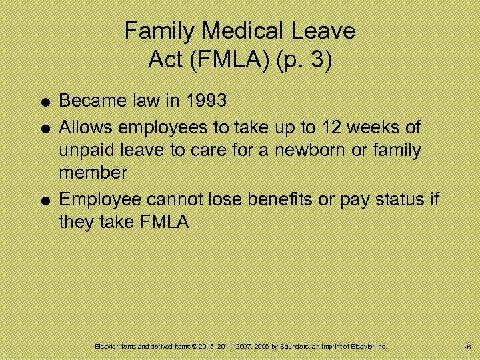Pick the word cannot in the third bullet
pos(177,199)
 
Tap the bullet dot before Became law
pos(43,103)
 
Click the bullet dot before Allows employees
pos(43,127)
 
